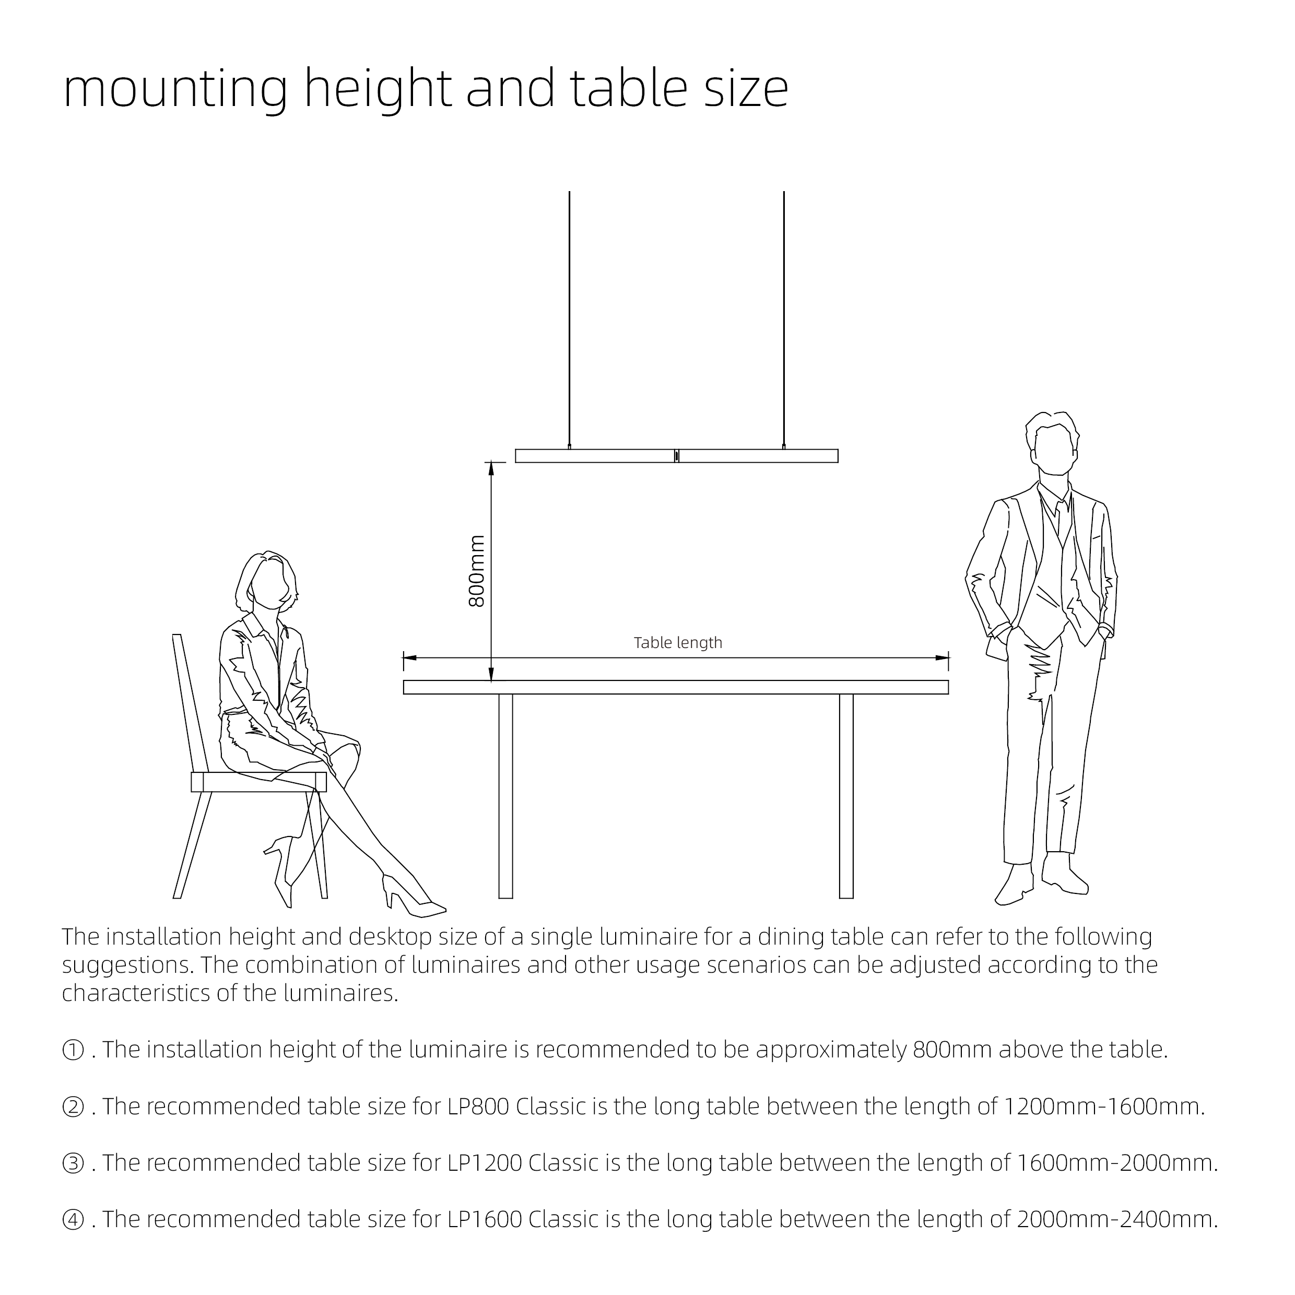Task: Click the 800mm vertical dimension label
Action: tap(477, 572)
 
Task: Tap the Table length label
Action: tap(678, 643)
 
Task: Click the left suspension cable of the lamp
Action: tap(569, 315)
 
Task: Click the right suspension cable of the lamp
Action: tap(784, 315)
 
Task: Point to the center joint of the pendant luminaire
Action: tap(676, 456)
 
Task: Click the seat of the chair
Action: tap(258, 782)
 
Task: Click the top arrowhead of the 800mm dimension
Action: tap(491, 469)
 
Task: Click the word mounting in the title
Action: tap(175, 89)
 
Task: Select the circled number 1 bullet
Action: tap(73, 1050)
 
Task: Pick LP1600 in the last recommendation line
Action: tap(485, 1219)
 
